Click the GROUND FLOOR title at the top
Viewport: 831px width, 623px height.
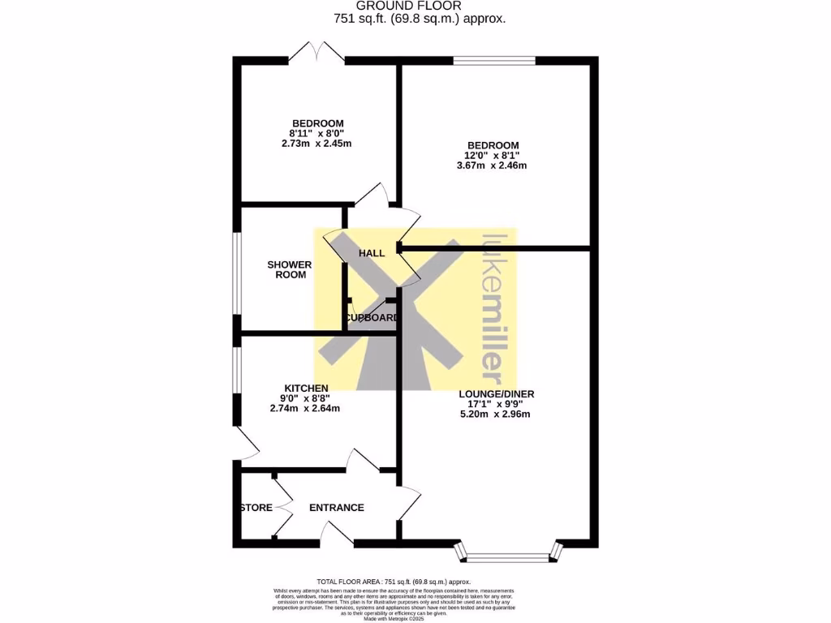pos(408,6)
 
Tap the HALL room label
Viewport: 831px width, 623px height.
pos(372,253)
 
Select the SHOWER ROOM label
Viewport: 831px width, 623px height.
pos(290,269)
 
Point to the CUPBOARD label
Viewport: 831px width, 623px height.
pos(372,317)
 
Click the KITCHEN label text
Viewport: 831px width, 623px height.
pos(306,388)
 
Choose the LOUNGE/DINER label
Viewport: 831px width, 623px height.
pos(500,394)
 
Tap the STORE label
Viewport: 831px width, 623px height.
pos(257,508)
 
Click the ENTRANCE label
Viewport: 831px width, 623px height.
pos(337,508)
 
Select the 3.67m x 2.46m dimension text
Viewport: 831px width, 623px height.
pos(492,165)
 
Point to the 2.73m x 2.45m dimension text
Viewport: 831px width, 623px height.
pos(316,144)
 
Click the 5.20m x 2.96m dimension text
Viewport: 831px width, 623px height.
pos(494,415)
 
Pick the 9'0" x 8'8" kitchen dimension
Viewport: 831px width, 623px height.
pos(305,398)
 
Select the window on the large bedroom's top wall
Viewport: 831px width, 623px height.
pos(493,60)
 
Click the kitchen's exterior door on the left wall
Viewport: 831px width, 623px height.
pos(246,443)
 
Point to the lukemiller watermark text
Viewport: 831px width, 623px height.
pos(493,309)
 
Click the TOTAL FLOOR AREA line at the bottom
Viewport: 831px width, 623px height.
pos(394,582)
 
